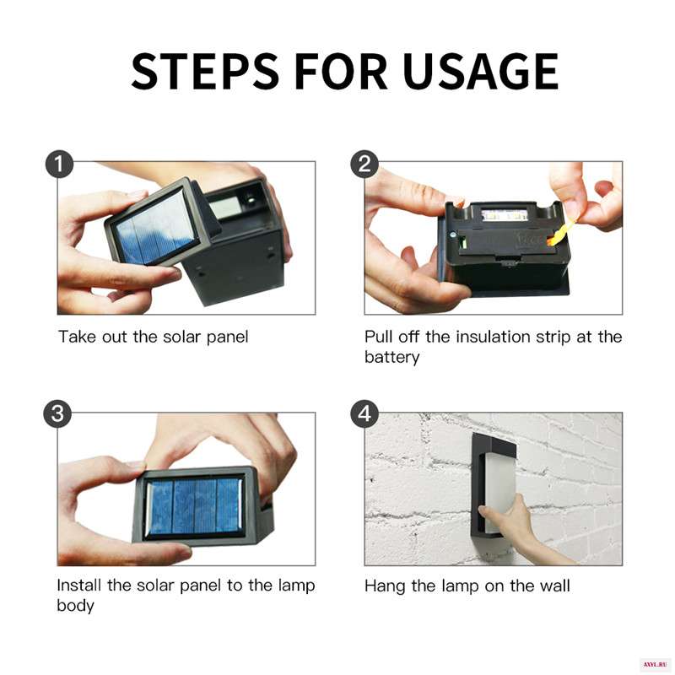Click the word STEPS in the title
click(205, 72)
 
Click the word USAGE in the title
click(481, 72)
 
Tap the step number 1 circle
click(59, 164)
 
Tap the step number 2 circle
click(364, 164)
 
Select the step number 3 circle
click(57, 414)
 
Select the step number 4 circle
click(364, 414)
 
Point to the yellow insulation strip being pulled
click(562, 234)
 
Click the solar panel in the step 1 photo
click(156, 227)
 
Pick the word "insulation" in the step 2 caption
click(493, 337)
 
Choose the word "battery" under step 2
click(391, 357)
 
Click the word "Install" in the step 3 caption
click(79, 586)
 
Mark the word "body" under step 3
click(75, 606)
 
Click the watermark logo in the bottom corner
click(655, 665)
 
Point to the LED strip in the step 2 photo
click(505, 215)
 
